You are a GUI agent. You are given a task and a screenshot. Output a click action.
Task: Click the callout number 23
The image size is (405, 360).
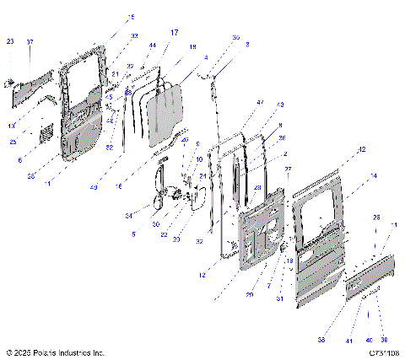[10, 41]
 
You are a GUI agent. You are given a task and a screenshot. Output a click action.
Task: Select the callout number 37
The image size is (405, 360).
[30, 41]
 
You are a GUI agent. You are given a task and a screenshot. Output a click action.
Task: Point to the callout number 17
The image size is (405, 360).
[174, 33]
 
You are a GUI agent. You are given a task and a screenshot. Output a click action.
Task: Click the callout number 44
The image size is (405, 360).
[152, 45]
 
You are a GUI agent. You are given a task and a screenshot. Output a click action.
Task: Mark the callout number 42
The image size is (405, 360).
[361, 149]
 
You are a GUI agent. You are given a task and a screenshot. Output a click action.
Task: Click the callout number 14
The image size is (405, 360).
[372, 176]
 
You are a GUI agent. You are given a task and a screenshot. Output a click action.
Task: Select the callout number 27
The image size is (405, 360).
[287, 169]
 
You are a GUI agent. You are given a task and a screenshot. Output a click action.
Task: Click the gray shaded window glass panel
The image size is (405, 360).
[164, 110]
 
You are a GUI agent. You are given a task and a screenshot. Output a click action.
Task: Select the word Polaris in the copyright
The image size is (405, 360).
[53, 352]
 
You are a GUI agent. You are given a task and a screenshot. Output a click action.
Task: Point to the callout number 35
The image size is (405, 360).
[235, 38]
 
